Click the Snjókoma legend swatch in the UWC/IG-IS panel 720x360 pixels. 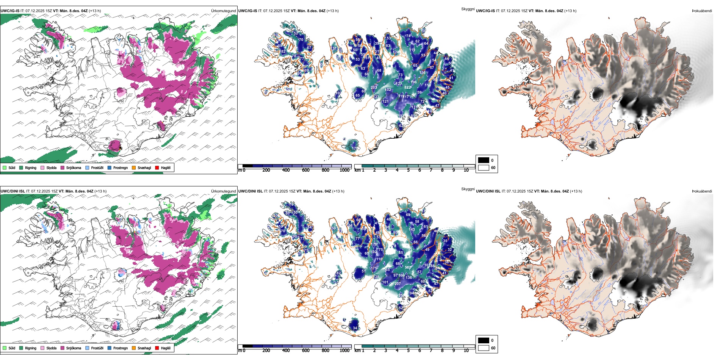coord(62,167)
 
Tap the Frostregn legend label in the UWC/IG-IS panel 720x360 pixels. coord(120,167)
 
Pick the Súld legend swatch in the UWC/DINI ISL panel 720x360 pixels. coord(5,348)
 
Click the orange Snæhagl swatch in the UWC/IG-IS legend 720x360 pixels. coord(134,167)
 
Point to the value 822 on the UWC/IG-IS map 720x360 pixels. coord(408,88)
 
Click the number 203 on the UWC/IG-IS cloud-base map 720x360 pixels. coord(374,88)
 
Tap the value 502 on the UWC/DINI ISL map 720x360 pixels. coord(408,268)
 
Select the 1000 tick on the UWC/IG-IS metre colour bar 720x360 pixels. coord(344,170)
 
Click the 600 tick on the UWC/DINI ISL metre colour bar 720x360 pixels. coord(305,351)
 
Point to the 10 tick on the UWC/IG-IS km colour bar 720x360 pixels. coord(466,170)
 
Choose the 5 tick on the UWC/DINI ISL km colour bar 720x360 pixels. coord(409,351)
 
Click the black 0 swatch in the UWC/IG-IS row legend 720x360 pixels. coord(484,160)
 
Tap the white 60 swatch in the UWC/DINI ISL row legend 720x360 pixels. coord(484,348)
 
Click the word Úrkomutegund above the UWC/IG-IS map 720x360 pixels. coord(224,11)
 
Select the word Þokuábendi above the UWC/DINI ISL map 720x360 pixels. coord(702,191)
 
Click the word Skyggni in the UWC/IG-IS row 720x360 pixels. coord(468,9)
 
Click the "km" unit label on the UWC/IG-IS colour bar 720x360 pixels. coord(357,170)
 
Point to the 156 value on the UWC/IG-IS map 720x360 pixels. coord(423,73)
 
